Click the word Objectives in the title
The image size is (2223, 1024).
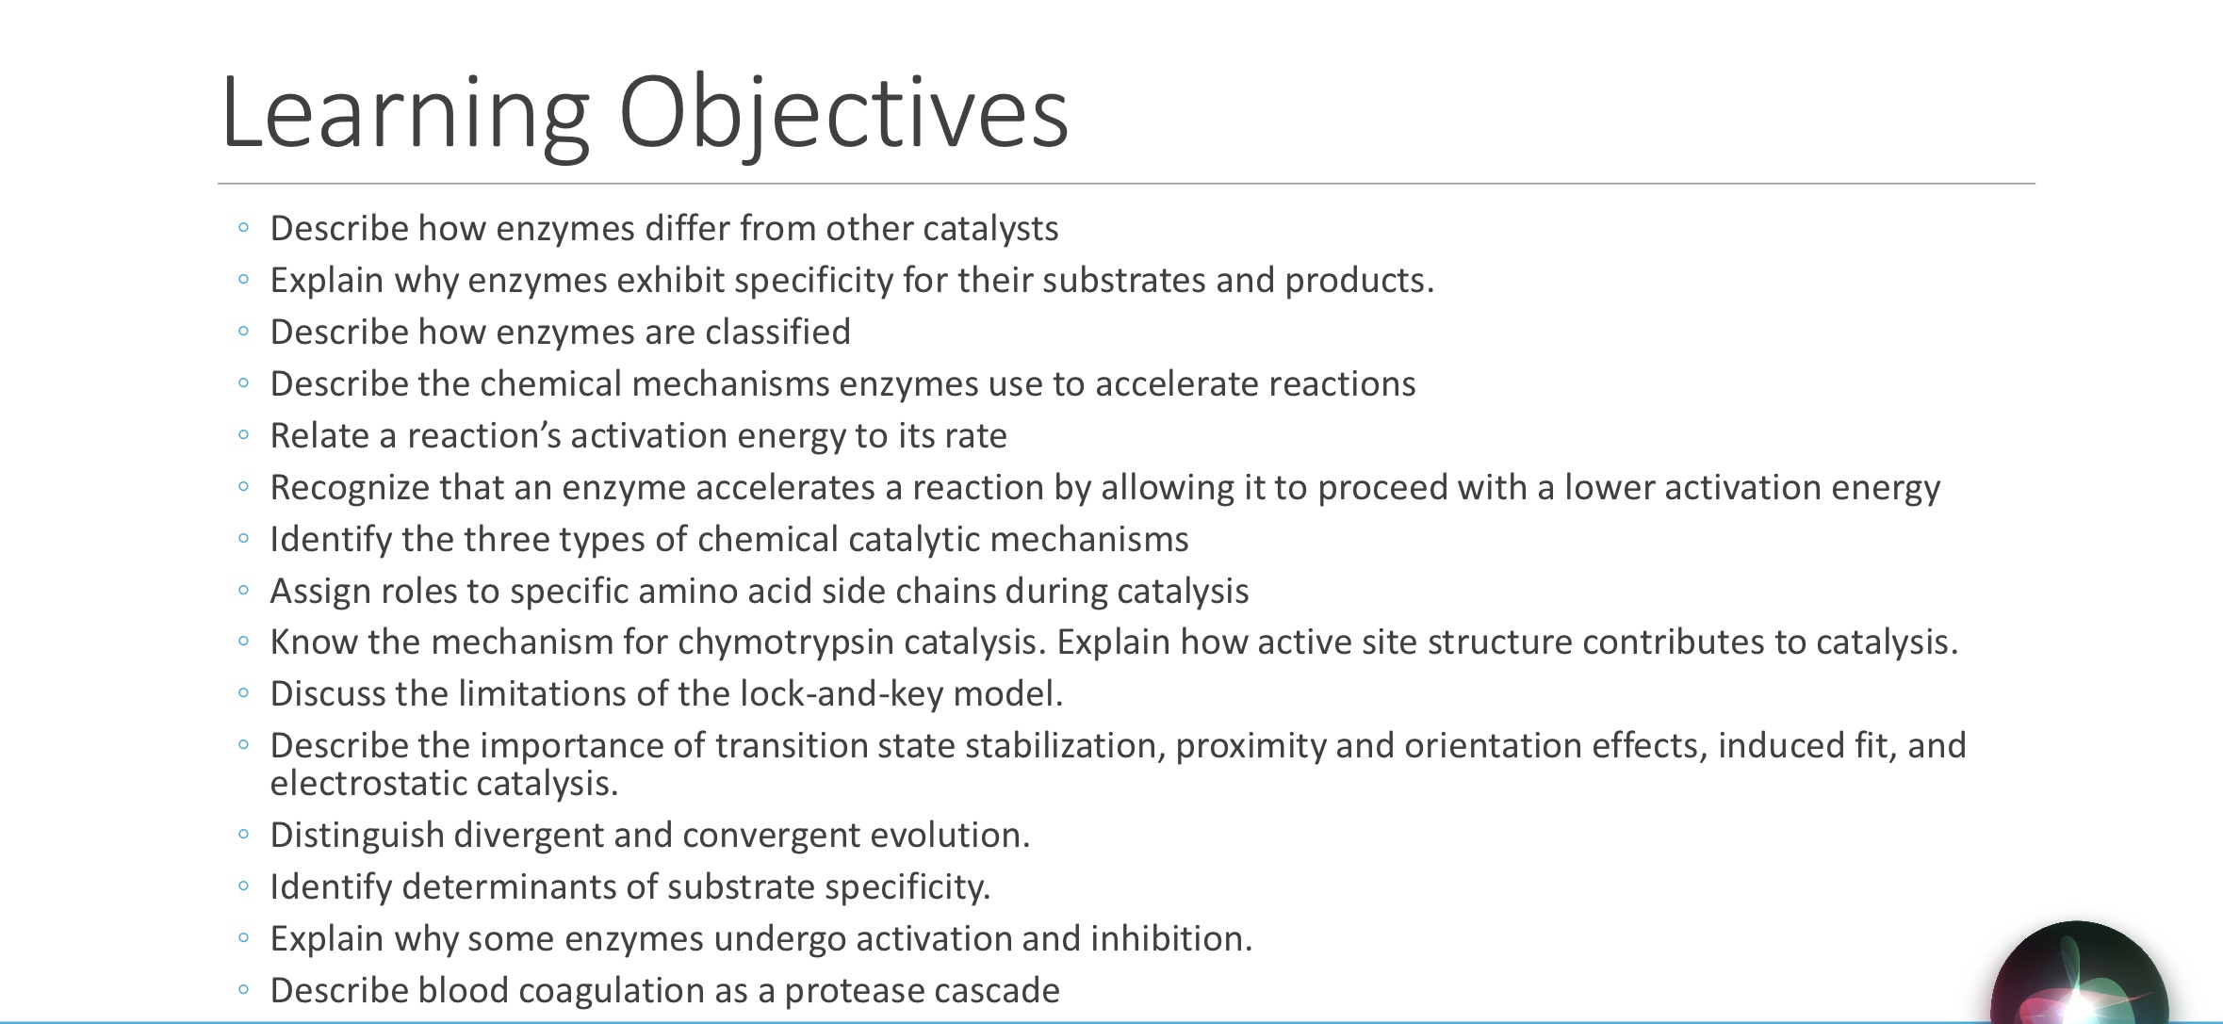point(843,113)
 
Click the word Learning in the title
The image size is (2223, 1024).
point(405,113)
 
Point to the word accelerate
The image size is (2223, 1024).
point(1176,384)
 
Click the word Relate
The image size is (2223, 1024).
point(319,436)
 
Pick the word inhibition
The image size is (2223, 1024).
point(1170,939)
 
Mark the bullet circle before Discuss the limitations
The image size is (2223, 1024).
point(244,693)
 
